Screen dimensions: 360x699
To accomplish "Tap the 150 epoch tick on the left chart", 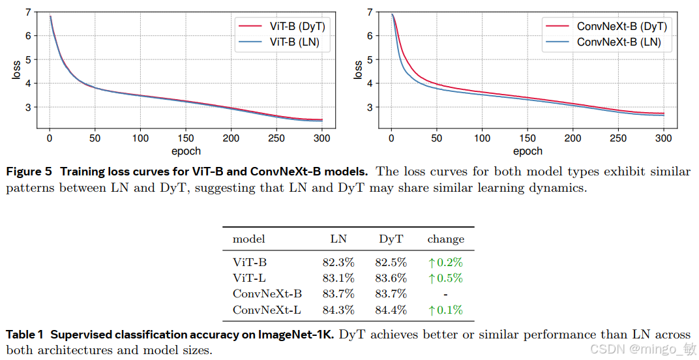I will (x=185, y=138).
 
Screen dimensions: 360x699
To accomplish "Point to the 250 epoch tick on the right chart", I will (x=617, y=138).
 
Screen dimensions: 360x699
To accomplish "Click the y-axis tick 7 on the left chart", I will (x=27, y=12).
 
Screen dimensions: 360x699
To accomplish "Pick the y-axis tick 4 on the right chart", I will (x=369, y=83).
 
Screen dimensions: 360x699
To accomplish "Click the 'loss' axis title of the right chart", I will (x=358, y=70).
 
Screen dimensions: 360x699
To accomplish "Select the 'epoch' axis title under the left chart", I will (x=186, y=151).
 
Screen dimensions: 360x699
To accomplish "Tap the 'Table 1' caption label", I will (x=25, y=335).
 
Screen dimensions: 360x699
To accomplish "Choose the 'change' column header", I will (x=446, y=239).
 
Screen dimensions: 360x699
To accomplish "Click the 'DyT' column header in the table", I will (x=391, y=239).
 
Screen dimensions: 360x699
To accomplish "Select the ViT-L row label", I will (x=249, y=278).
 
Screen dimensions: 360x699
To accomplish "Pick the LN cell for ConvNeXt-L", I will (x=338, y=310).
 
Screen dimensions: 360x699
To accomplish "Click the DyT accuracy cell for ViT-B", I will (x=391, y=263).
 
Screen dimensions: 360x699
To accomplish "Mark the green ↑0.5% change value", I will (x=445, y=278).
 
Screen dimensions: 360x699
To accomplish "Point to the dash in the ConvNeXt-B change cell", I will (x=445, y=294).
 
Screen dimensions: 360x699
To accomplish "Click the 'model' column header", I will (x=249, y=239).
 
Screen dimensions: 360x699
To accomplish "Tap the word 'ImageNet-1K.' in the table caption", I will (x=297, y=335).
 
